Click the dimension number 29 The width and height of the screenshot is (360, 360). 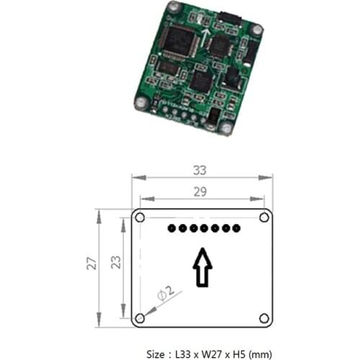(202, 192)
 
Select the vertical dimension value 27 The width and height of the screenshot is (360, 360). (91, 264)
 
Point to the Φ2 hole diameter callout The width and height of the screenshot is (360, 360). (164, 294)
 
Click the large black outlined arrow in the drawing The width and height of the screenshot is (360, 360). (203, 266)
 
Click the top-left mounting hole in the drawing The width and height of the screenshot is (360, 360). (141, 217)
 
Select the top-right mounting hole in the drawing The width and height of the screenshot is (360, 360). (264, 217)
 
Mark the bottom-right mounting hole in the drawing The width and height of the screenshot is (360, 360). (264, 318)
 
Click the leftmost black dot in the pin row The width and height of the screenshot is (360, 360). (171, 229)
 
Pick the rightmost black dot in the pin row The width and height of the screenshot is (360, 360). (235, 229)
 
